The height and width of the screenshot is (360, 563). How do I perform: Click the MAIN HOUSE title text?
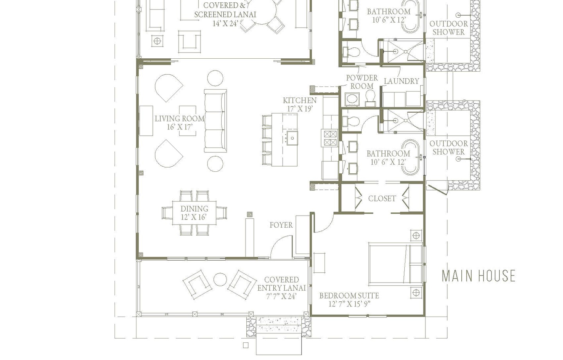478,276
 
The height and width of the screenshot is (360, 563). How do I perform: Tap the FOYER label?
281,225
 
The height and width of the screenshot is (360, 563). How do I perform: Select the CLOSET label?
382,198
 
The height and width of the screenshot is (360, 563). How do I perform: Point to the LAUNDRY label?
401,81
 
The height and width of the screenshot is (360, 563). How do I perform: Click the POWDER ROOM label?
362,82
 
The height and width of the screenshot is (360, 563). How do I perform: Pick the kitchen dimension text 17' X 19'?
300,109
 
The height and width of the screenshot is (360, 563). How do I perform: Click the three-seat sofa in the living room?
215,121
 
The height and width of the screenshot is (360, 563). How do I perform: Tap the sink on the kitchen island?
292,138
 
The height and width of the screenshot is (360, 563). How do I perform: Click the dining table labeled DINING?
194,213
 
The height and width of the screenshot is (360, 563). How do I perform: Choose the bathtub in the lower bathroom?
411,157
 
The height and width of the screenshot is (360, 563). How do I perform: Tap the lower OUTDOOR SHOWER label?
448,148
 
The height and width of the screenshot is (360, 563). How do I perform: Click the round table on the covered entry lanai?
220,280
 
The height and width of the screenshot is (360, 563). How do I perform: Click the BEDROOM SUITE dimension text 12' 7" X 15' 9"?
349,304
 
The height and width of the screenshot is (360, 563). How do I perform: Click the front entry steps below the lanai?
279,344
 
